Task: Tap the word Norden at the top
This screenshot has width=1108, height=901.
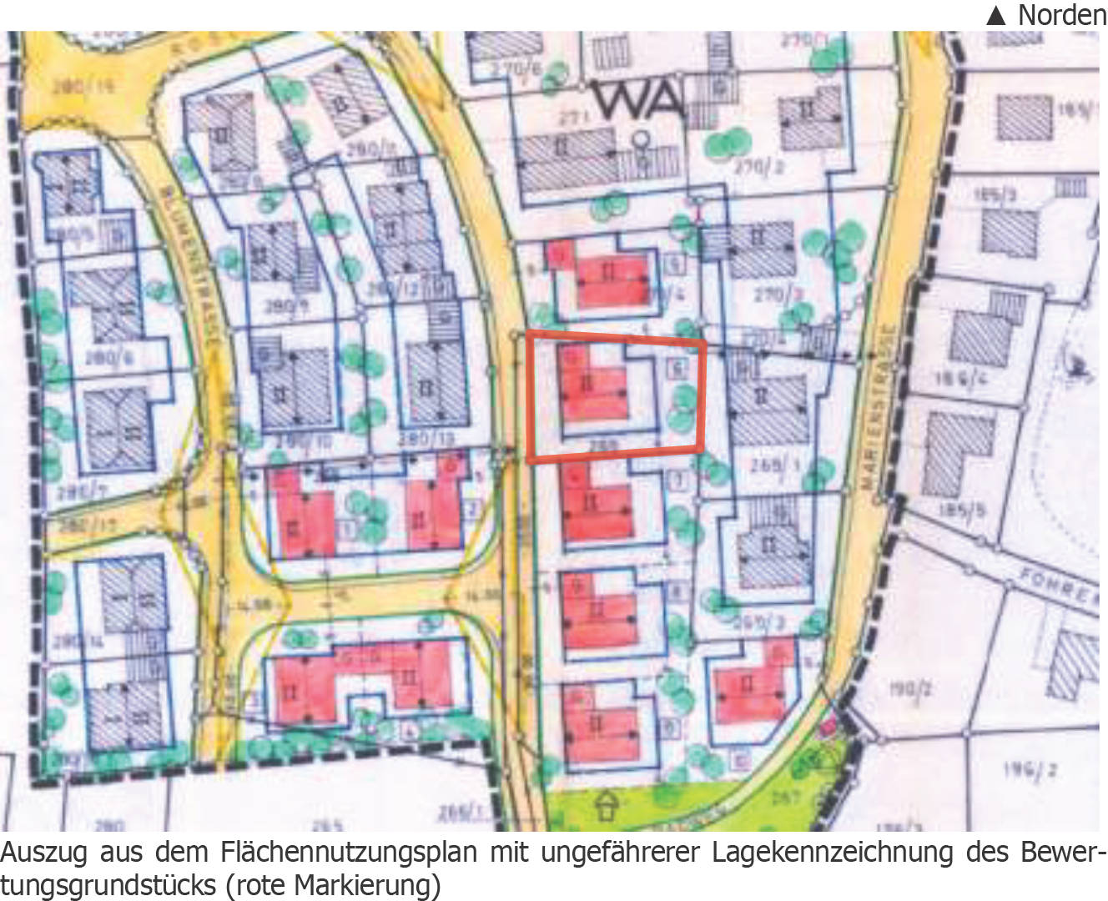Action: tap(1061, 14)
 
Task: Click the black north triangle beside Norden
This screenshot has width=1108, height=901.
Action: tap(996, 15)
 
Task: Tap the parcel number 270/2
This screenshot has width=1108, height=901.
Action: tap(758, 168)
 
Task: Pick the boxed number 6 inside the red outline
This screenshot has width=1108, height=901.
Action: tap(677, 368)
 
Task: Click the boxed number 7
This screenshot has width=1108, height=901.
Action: tap(678, 481)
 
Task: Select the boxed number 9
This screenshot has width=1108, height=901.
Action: tap(669, 728)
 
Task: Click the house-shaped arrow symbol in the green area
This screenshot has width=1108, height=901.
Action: tap(607, 806)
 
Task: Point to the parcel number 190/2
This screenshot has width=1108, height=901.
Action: tap(910, 689)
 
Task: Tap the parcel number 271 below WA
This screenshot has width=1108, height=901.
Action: tap(574, 118)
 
